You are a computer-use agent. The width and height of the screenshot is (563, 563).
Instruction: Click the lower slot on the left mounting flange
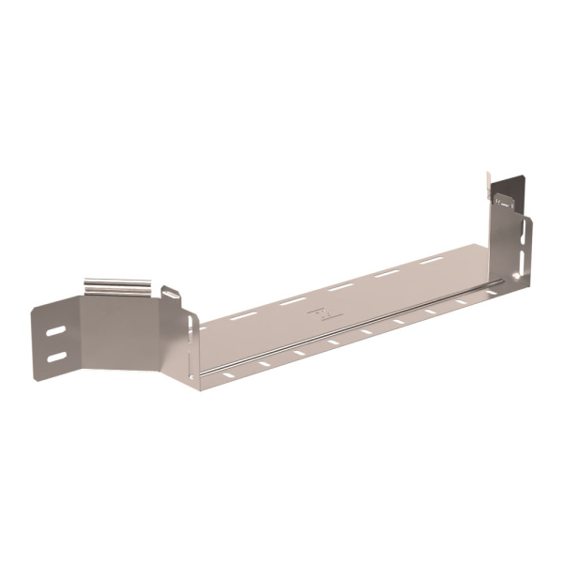[x=56, y=357]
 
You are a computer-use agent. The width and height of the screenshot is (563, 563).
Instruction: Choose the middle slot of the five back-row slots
[x=341, y=287]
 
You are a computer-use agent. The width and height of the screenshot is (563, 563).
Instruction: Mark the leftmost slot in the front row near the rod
[x=229, y=375]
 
